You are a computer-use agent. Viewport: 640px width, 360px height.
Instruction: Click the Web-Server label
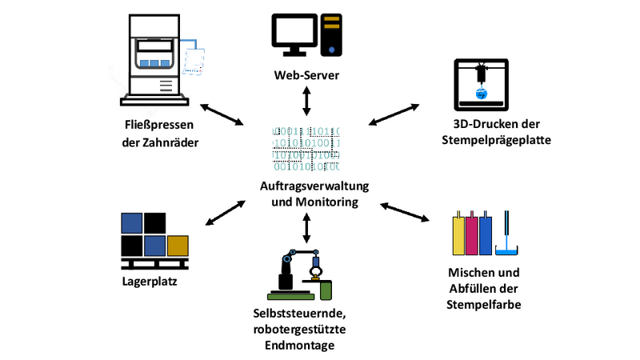pos(306,75)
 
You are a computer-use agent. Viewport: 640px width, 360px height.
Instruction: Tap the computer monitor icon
pos(294,35)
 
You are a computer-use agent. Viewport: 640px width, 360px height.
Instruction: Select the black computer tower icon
pos(331,35)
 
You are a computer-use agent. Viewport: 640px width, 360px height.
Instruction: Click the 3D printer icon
pos(482,85)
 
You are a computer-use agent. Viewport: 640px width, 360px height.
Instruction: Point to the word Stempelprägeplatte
pos(496,140)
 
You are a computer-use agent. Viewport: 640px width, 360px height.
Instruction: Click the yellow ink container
pos(458,234)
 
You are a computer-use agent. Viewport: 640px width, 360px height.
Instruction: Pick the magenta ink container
pos(472,234)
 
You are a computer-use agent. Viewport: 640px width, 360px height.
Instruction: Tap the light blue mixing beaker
pos(506,250)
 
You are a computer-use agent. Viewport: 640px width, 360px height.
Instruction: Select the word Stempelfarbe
pos(484,305)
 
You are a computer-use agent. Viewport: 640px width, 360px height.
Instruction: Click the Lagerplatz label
pos(150,282)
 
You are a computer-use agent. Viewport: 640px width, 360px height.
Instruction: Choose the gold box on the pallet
pos(178,246)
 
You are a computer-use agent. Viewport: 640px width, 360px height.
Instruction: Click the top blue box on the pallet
pos(132,223)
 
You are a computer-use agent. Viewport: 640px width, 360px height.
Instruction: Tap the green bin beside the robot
pos(326,290)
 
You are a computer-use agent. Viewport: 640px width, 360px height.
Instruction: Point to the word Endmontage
pos(299,346)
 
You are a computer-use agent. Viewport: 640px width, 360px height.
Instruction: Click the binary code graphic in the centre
pos(306,149)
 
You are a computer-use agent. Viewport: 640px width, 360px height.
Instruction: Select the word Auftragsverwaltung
pos(314,186)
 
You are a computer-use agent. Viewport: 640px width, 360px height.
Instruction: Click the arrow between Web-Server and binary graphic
pos(306,101)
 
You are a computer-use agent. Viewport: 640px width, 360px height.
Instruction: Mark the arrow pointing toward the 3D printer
pos(394,114)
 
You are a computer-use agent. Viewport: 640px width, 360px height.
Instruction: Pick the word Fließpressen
pos(159,125)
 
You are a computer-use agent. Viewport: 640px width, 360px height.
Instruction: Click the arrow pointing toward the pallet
pos(226,213)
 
